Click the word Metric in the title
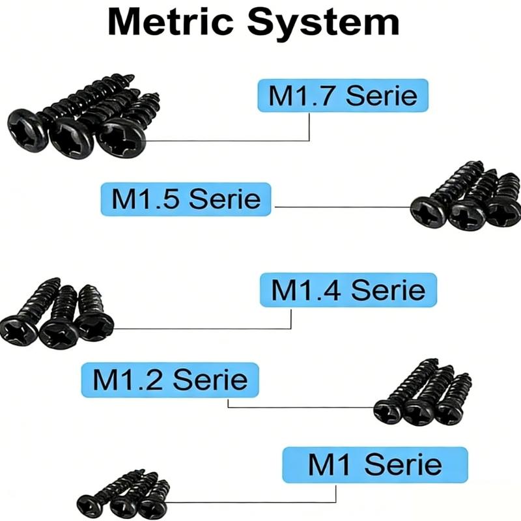[x=171, y=22]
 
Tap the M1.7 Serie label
[x=343, y=95]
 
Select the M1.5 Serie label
[x=186, y=199]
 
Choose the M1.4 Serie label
[x=348, y=290]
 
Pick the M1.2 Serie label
[x=170, y=380]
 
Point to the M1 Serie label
[x=375, y=464]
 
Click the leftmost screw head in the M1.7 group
[x=28, y=130]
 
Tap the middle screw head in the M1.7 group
[x=71, y=139]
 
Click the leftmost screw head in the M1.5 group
[x=429, y=212]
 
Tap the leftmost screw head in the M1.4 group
[x=19, y=330]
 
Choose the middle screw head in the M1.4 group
[x=57, y=333]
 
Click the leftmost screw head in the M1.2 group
[x=388, y=412]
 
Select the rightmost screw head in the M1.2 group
[x=448, y=412]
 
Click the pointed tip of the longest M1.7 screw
[x=134, y=76]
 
